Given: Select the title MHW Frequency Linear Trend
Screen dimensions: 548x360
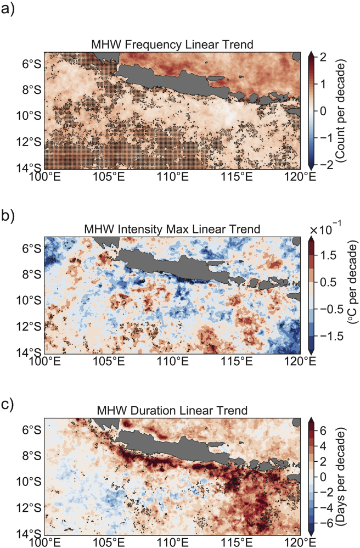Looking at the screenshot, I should [172, 45].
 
